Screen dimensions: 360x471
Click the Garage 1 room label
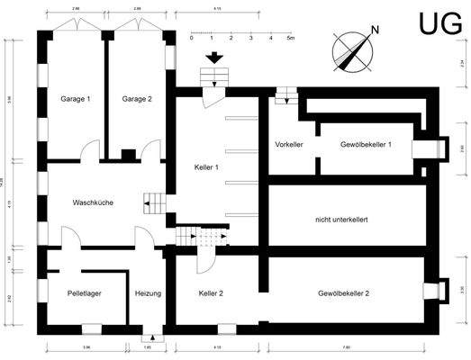click(x=76, y=98)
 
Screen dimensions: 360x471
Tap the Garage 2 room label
click(x=137, y=98)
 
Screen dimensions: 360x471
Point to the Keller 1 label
click(x=209, y=168)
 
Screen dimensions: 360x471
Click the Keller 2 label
click(x=211, y=293)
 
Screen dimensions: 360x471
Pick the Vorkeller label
click(x=288, y=144)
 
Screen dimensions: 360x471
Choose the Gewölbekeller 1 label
click(x=365, y=144)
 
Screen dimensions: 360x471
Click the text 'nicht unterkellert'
click(x=346, y=219)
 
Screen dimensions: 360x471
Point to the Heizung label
click(x=148, y=293)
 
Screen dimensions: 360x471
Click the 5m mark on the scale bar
click(x=290, y=40)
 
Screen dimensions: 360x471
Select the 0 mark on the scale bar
click(x=192, y=40)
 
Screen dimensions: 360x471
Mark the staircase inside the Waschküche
click(x=155, y=204)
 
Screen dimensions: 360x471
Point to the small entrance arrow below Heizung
click(x=150, y=337)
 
